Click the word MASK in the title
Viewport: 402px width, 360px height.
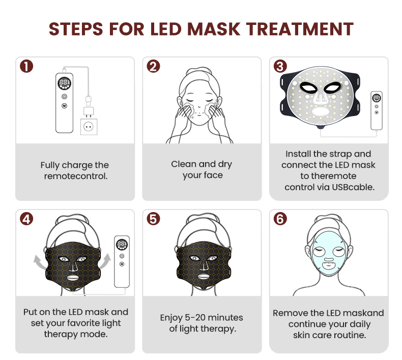click(214, 29)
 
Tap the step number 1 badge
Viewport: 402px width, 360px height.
click(26, 66)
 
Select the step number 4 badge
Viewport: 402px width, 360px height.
click(26, 219)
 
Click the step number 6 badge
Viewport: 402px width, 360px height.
click(280, 219)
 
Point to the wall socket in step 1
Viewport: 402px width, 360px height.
click(89, 127)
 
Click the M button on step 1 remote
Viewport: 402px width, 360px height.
click(64, 106)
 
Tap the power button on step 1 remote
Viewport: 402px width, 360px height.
click(64, 96)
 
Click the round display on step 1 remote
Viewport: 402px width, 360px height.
click(64, 83)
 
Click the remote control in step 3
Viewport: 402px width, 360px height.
click(377, 110)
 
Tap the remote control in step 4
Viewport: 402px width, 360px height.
click(122, 261)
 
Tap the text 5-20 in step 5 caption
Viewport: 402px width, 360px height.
click(195, 318)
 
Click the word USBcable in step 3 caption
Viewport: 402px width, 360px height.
click(353, 187)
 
